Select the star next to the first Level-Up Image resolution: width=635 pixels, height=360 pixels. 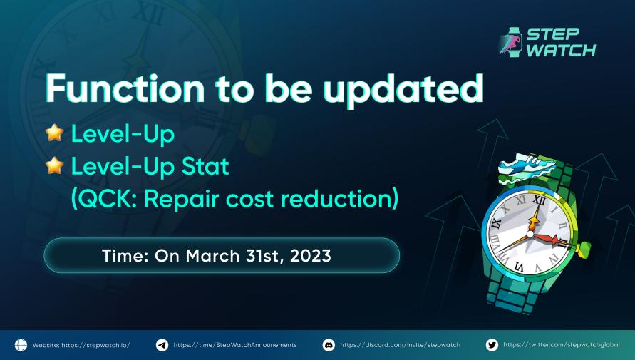pos(54,133)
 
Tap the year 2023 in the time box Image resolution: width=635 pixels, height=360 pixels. pos(311,256)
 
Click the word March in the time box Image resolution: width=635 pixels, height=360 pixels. pos(207,256)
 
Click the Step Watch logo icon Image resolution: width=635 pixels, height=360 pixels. pos(511,42)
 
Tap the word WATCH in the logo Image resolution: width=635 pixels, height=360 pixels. pos(562,51)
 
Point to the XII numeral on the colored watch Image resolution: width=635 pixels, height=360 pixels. pos(540,202)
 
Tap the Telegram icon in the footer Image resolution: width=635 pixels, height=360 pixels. pos(162,345)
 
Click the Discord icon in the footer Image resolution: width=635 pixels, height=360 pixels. pos(329,345)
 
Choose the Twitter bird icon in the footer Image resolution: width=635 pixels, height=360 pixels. pos(492,345)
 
